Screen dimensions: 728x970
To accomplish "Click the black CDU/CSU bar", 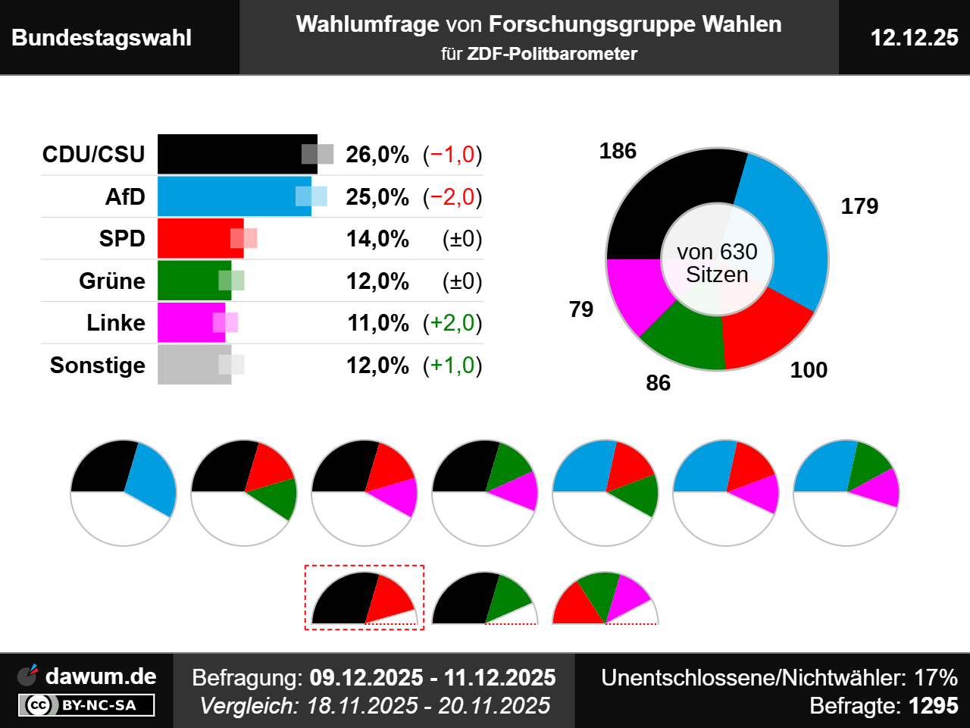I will [x=227, y=154].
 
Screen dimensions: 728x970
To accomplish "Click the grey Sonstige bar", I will [x=189, y=365].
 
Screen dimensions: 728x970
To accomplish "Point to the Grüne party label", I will [x=112, y=281].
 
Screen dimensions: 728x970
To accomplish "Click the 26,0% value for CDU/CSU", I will [x=377, y=155].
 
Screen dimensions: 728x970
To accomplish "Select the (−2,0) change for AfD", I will [x=452, y=197].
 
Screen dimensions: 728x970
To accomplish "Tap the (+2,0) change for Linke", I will [x=452, y=323].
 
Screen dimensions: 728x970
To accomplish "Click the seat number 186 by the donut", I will [x=618, y=151].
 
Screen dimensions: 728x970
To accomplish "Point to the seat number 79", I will [x=581, y=309].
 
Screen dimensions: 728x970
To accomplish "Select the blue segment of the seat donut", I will [x=788, y=227].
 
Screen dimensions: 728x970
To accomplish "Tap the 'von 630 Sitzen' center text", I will [x=717, y=263].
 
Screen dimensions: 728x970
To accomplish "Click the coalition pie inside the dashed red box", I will [x=364, y=599].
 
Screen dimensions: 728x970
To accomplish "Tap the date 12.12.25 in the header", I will [x=914, y=37].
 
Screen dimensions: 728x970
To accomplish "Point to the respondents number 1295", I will [x=933, y=706].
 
